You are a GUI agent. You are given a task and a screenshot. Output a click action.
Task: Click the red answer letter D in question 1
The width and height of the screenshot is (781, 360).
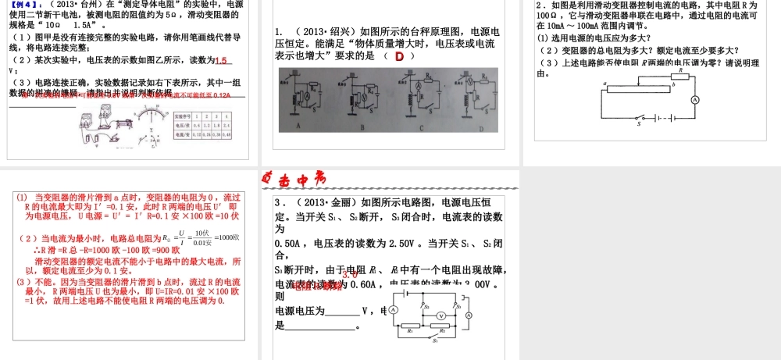398,56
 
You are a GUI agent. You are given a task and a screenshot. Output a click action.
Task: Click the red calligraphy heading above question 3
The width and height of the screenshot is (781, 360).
291,181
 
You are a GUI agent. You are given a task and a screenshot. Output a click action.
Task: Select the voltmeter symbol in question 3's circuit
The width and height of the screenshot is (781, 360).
440,314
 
